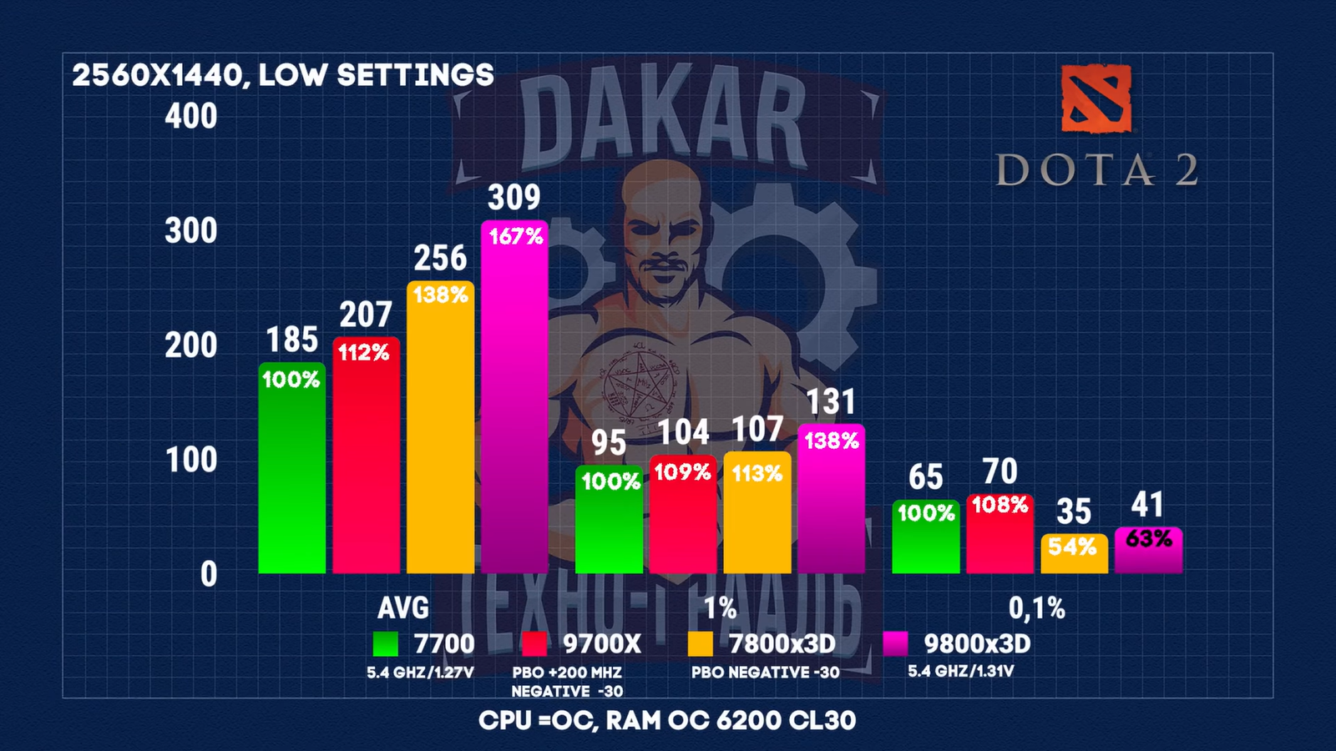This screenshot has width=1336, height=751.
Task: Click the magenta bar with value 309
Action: tap(514, 401)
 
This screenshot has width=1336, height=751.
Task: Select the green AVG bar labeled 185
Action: tap(291, 471)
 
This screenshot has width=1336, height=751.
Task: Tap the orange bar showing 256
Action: tap(440, 430)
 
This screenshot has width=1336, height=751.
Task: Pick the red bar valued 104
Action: tap(683, 517)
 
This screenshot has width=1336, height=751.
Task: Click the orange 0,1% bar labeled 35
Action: tap(1074, 555)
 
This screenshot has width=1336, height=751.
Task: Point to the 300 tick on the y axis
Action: tap(190, 230)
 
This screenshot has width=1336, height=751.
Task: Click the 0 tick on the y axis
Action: tap(208, 574)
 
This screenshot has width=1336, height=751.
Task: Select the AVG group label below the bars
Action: tap(403, 607)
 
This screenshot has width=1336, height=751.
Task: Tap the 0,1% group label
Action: tap(1036, 608)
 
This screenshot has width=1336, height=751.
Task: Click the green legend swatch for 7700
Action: tap(385, 644)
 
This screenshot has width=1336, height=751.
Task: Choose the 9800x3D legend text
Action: tap(977, 644)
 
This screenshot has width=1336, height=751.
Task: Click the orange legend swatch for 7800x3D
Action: tap(700, 644)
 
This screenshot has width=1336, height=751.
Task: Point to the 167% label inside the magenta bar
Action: tap(515, 236)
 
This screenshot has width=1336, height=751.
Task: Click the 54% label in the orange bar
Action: tap(1072, 547)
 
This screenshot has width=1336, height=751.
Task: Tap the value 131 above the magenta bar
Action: tap(831, 402)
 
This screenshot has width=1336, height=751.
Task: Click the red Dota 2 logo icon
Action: tap(1096, 98)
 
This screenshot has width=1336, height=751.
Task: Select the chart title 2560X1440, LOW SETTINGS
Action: tap(283, 75)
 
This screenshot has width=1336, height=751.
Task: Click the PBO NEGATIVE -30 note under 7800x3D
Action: tap(765, 673)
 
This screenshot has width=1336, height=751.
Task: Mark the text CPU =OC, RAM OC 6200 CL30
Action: tap(667, 720)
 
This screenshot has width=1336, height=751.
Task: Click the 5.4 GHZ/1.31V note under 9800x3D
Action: tap(960, 671)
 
